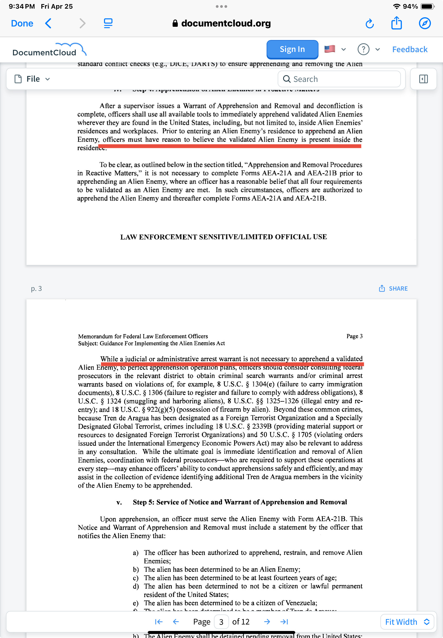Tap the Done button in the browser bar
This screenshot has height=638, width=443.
tap(22, 23)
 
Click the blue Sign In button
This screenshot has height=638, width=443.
tap(292, 49)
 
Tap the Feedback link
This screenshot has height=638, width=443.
tap(410, 49)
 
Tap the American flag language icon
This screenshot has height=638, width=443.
tap(330, 49)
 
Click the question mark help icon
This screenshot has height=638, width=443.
tap(363, 49)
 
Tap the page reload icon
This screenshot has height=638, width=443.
tap(370, 24)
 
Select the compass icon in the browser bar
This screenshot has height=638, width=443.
tap(424, 23)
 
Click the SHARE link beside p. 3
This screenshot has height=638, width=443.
tap(393, 288)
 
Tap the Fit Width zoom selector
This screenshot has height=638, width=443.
tap(407, 622)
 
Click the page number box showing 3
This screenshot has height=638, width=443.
tap(221, 622)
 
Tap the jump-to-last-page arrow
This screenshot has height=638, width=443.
tap(284, 622)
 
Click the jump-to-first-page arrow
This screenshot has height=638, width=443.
tap(159, 622)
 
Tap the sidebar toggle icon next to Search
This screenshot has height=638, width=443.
tap(423, 79)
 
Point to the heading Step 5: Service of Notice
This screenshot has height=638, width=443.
tap(240, 502)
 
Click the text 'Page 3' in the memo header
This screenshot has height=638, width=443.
tap(354, 336)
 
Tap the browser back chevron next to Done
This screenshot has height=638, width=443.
tap(48, 23)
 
